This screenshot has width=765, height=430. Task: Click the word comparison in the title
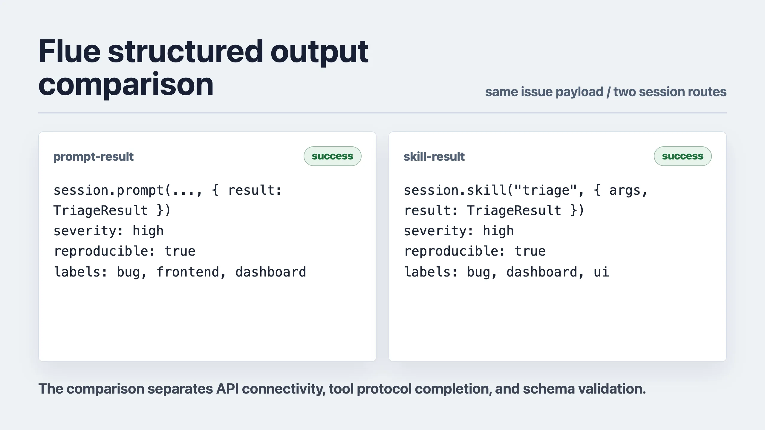(126, 85)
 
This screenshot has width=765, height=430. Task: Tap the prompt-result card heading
(94, 156)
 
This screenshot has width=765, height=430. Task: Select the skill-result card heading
(434, 156)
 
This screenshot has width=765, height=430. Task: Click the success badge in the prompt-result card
(333, 156)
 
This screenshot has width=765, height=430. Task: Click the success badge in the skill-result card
(683, 156)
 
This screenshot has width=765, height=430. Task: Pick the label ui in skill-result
(602, 272)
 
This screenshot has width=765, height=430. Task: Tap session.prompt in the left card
(108, 190)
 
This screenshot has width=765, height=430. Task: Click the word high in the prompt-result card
(148, 231)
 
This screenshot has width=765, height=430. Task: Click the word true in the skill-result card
(530, 251)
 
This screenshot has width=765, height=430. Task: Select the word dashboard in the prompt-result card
(271, 272)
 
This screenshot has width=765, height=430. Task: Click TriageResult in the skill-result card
(514, 211)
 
